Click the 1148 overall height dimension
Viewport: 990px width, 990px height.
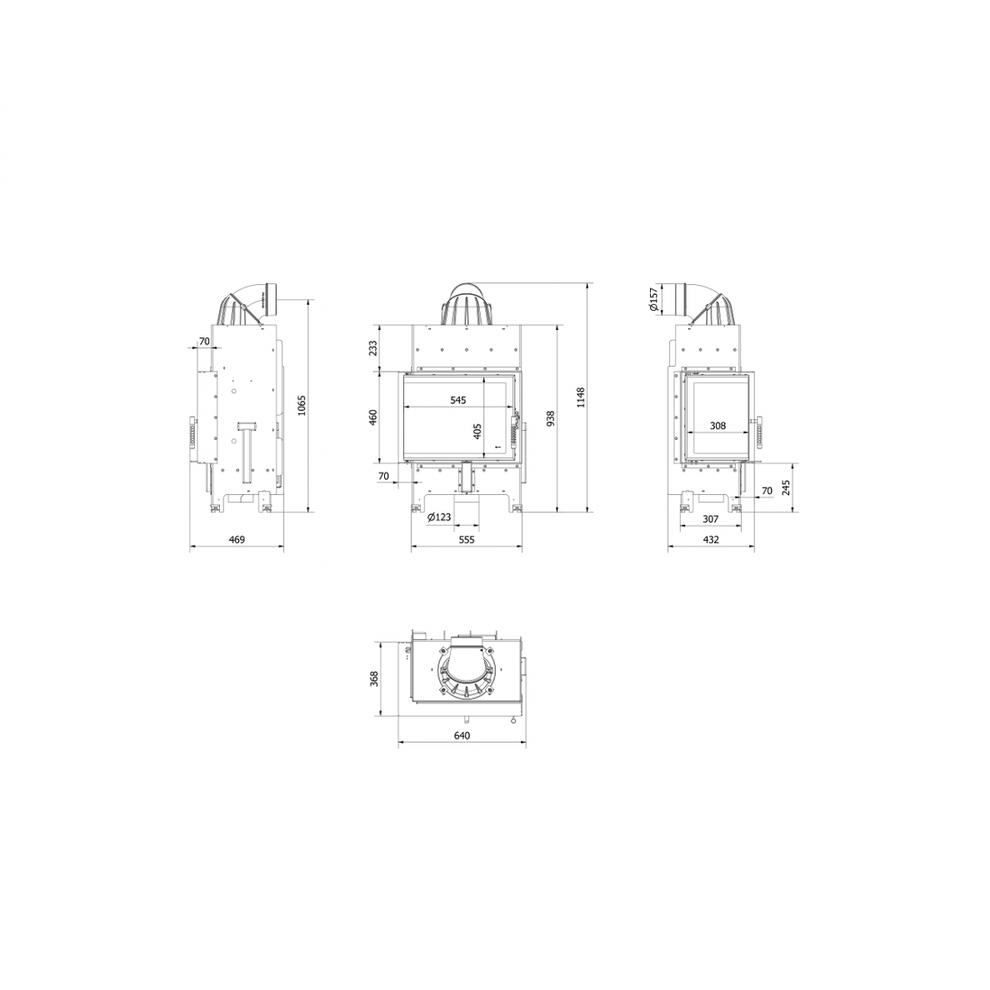coord(581,397)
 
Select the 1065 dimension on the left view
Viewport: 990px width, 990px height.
coord(301,405)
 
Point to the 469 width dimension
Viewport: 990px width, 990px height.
coord(236,540)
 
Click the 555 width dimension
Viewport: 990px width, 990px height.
coord(466,540)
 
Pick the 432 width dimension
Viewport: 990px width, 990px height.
coord(711,540)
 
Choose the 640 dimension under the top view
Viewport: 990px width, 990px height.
coord(462,736)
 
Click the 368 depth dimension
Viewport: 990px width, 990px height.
coord(374,678)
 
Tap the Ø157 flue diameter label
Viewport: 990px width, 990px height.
coord(653,299)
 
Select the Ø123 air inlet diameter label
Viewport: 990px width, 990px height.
coord(439,517)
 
